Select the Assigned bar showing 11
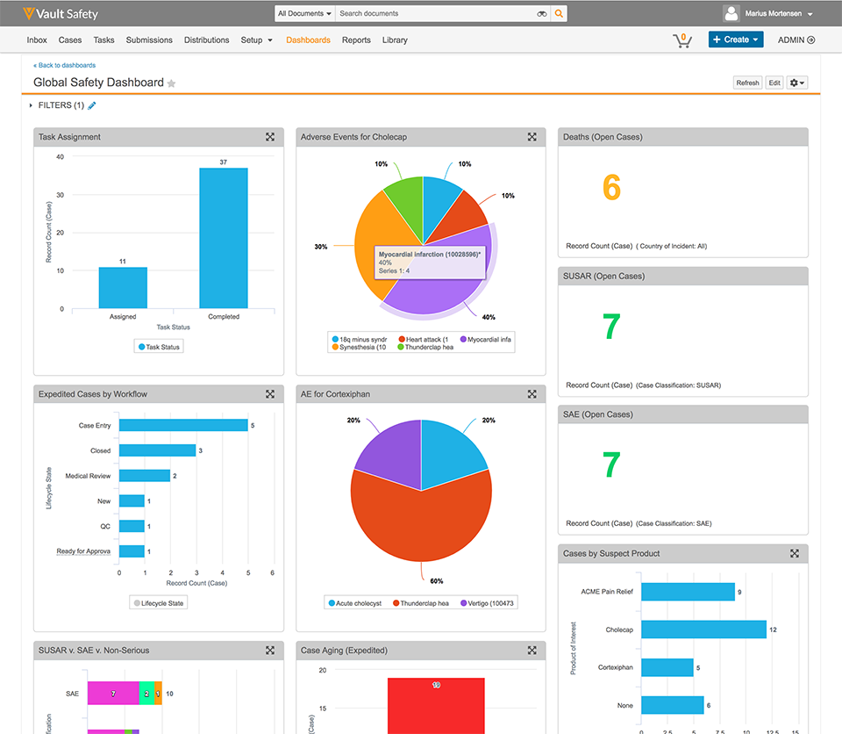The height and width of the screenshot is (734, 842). [123, 287]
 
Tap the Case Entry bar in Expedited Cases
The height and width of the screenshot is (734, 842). [183, 425]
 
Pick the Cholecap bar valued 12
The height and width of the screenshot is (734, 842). [703, 630]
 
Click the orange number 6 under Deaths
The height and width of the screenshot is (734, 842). [611, 187]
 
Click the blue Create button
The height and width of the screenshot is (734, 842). [735, 40]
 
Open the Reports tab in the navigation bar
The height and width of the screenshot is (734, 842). [356, 40]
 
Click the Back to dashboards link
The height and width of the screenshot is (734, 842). [65, 65]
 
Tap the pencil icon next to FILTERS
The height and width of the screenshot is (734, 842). [92, 105]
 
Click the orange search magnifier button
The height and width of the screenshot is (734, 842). [559, 13]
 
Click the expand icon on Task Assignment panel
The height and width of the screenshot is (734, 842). [270, 137]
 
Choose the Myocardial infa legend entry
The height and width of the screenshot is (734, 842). [485, 339]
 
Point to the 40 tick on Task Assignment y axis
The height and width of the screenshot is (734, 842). [60, 157]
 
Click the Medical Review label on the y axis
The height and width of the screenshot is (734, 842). [88, 476]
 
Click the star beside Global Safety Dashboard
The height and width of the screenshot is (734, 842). [172, 83]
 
